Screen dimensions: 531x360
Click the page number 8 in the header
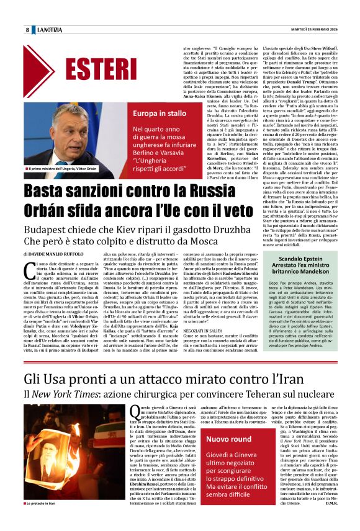pyautogui.click(x=28, y=30)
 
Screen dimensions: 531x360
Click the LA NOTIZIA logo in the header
pyautogui.click(x=49, y=30)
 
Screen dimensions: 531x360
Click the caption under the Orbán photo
pyautogui.click(x=61, y=169)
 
